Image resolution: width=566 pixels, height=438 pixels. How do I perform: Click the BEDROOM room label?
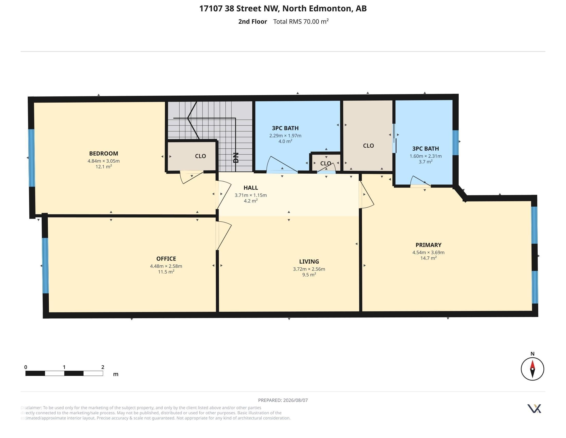click(x=103, y=153)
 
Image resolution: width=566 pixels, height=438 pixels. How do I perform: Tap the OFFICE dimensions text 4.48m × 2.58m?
click(x=166, y=266)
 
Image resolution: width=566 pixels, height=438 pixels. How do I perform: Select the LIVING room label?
click(x=309, y=262)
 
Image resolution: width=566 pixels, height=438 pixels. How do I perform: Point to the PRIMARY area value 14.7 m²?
click(x=428, y=258)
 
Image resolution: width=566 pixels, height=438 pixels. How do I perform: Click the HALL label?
click(x=251, y=188)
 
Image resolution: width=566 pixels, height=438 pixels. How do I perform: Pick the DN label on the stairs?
click(x=236, y=157)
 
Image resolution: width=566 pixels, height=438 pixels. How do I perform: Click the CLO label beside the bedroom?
click(x=200, y=156)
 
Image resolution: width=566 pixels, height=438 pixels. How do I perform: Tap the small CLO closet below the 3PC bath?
click(x=325, y=163)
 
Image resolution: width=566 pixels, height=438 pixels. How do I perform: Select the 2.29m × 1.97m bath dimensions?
click(x=285, y=136)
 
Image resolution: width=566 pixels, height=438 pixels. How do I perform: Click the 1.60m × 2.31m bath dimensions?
click(x=426, y=156)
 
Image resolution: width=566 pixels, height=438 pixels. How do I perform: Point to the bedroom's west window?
click(x=31, y=158)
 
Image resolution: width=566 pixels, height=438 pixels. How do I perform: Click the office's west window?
click(x=45, y=265)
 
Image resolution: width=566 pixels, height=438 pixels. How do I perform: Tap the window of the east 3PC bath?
click(x=455, y=143)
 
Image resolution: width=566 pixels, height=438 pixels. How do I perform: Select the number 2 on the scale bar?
click(x=103, y=367)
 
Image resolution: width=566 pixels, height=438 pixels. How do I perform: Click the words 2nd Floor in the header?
click(x=252, y=22)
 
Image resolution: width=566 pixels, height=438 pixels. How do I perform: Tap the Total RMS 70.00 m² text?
click(x=301, y=21)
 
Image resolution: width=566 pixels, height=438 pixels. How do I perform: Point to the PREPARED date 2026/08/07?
click(x=295, y=400)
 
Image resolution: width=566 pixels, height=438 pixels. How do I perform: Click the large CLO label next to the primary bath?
click(x=368, y=146)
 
